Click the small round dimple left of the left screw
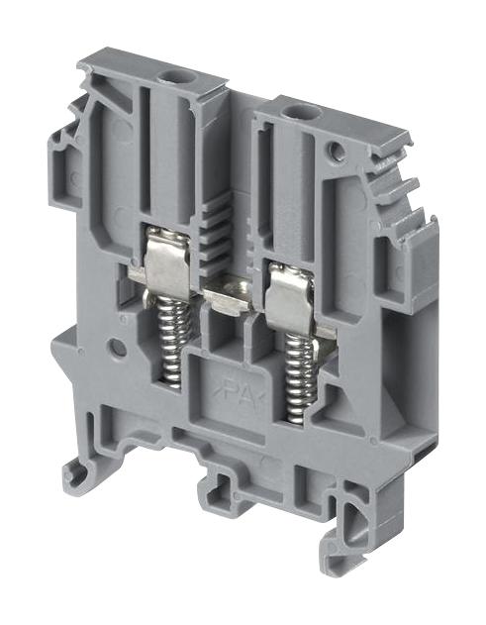click(x=118, y=349)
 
